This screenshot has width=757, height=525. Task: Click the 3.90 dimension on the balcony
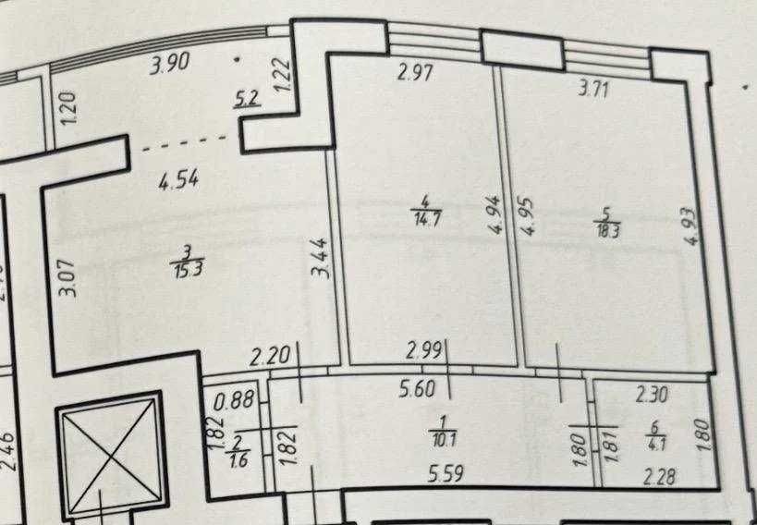click(169, 64)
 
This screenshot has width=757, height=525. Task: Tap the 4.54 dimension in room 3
click(179, 178)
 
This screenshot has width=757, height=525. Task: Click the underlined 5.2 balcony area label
click(248, 99)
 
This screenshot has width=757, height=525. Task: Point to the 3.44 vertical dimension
click(321, 259)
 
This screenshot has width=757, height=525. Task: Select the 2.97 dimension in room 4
click(416, 73)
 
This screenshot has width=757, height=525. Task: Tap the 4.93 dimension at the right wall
click(691, 226)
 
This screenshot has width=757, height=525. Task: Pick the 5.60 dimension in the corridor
click(418, 389)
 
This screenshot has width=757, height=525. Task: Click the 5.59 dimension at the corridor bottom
click(446, 474)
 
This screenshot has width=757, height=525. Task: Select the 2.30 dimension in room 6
click(653, 395)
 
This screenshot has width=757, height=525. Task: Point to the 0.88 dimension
click(234, 400)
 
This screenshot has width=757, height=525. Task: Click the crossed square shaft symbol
click(112, 457)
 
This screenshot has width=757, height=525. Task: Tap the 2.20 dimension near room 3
click(270, 357)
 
